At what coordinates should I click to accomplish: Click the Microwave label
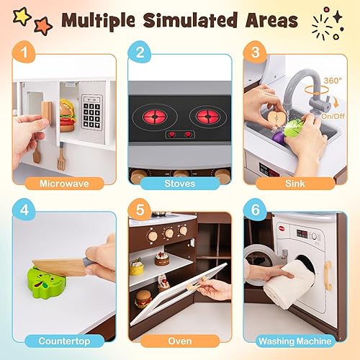pos(63,183)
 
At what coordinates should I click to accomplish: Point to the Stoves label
pos(179,183)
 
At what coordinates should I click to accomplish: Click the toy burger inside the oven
pos(143,299)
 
